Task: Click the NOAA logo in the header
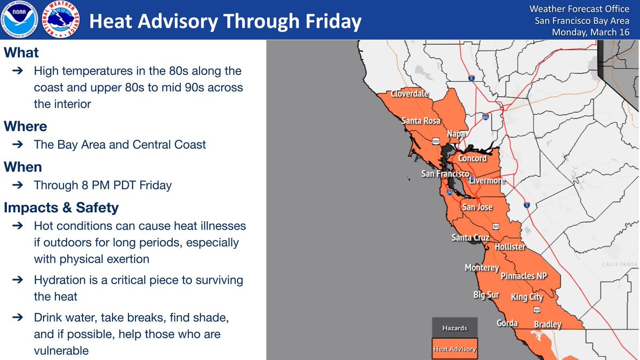(20, 20)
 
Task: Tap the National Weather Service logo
(60, 20)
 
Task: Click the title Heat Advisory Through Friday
(225, 21)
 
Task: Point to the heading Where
(26, 126)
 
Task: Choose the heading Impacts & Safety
(61, 207)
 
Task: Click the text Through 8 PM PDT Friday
(102, 186)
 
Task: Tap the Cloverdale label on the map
(410, 94)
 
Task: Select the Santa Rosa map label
(421, 121)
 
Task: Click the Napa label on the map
(456, 133)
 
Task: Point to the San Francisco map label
(445, 174)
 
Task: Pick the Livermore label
(486, 181)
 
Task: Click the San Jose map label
(477, 207)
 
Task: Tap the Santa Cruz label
(470, 237)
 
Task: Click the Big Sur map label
(486, 295)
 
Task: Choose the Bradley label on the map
(547, 324)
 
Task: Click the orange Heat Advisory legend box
(454, 349)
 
